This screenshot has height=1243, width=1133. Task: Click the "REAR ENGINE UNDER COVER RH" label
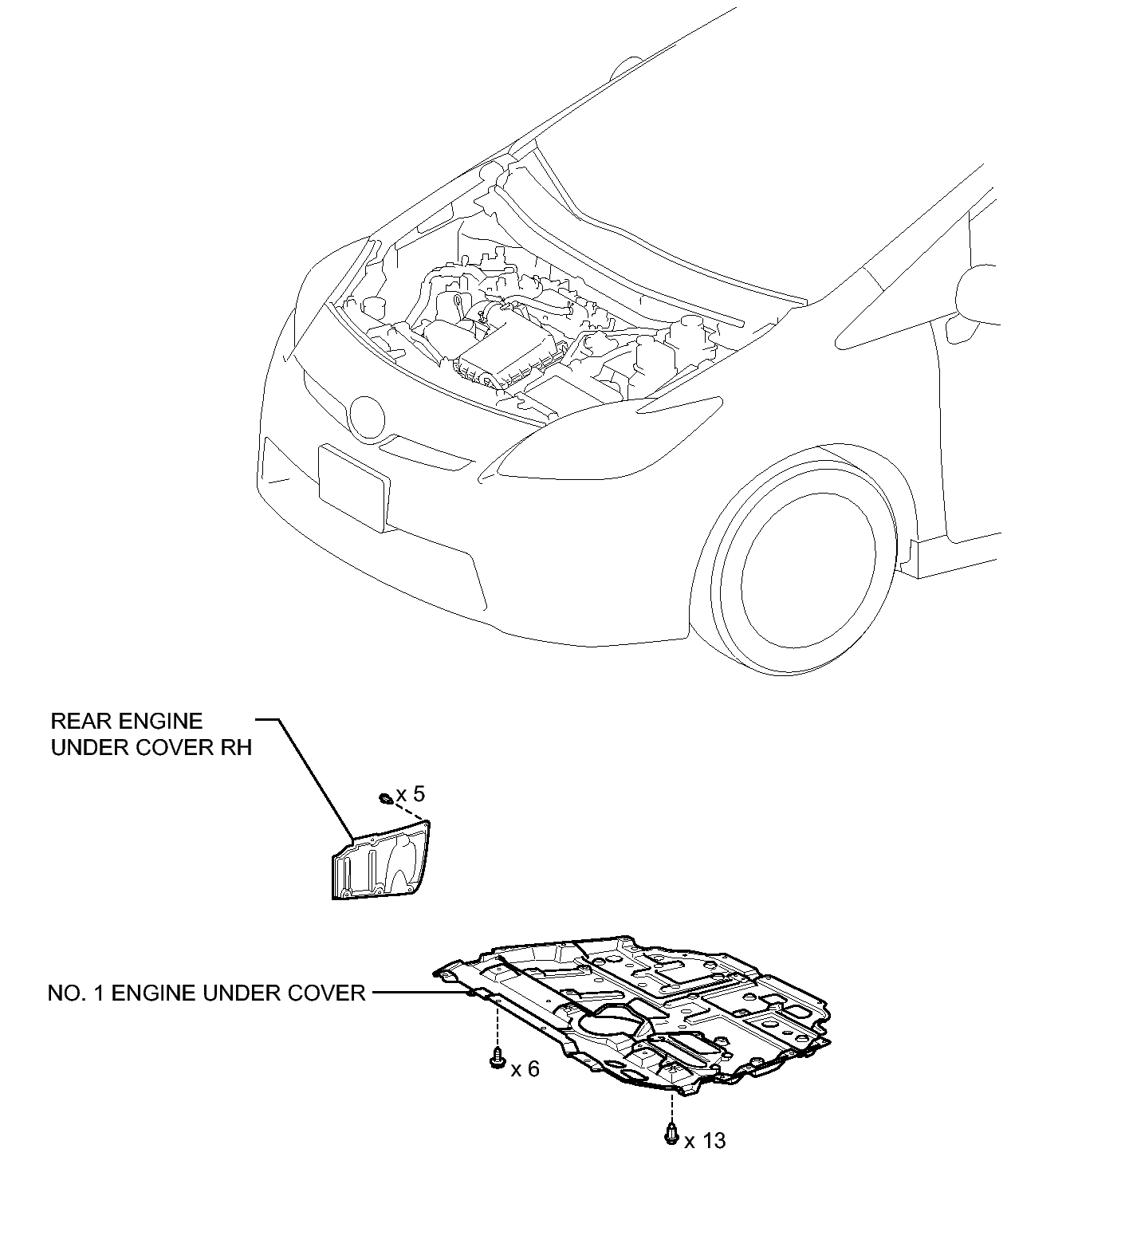point(151,734)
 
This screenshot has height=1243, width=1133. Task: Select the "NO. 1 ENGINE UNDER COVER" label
point(207,993)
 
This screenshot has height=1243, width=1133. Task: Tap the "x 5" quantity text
point(411,794)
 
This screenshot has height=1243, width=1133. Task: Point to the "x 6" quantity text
point(525,1069)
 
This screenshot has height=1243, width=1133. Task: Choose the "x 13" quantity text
point(705,1141)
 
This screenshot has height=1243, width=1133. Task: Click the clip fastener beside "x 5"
point(384,797)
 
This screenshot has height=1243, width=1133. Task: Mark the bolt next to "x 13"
point(671,1132)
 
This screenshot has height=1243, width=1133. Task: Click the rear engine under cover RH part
point(380,865)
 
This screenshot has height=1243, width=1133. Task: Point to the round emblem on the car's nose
point(367,418)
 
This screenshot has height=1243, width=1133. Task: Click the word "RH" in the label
point(237,748)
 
